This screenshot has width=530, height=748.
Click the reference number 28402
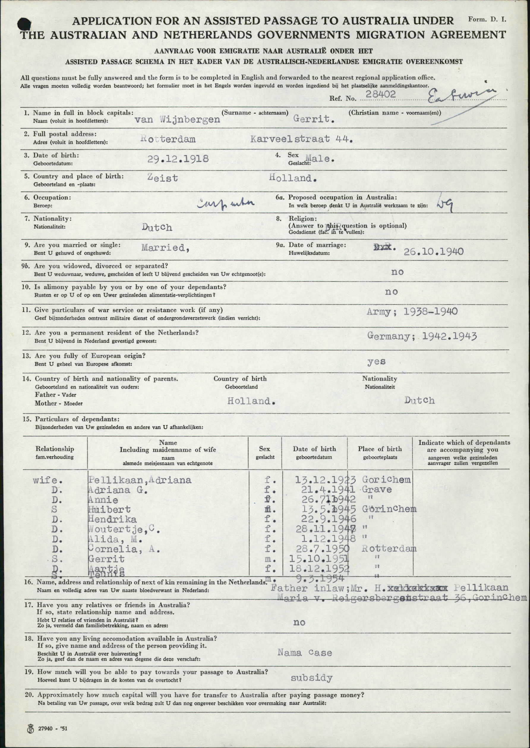(381, 94)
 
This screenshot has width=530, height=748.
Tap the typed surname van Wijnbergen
(177, 120)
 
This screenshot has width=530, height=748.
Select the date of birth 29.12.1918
(178, 159)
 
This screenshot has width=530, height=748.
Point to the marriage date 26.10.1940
(433, 251)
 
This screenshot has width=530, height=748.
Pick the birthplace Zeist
(163, 178)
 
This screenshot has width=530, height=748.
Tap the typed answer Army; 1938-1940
(412, 312)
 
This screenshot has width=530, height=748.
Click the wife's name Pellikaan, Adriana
(140, 480)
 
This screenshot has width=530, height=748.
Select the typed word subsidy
(311, 678)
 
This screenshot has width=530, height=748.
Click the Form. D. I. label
(487, 19)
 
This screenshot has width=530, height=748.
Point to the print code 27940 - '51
(52, 728)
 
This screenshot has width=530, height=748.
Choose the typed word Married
(165, 248)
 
